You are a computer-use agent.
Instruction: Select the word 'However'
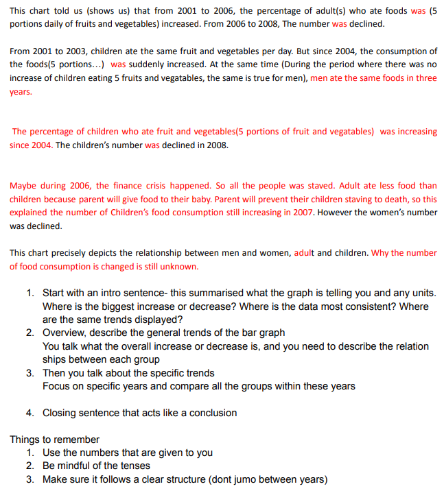[x=339, y=213]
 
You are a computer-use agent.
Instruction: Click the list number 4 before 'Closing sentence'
[x=30, y=413]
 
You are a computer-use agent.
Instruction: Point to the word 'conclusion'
[x=211, y=413]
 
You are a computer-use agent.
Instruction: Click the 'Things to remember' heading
[x=54, y=440]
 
